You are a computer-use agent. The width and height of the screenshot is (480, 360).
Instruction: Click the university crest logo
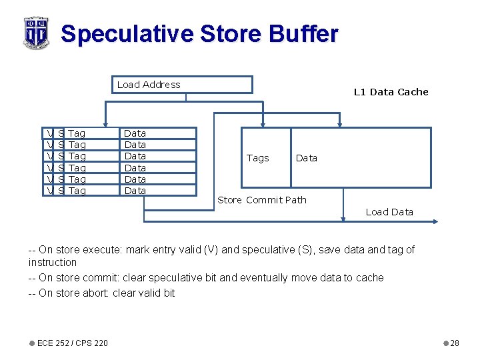36,32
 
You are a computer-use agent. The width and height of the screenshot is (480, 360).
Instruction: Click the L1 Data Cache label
391,92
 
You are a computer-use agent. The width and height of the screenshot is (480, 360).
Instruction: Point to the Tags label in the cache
257,158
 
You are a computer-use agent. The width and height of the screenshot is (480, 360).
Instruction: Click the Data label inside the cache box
307,158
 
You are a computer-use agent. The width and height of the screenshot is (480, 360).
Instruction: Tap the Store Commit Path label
262,200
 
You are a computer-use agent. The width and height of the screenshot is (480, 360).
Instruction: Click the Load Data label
389,212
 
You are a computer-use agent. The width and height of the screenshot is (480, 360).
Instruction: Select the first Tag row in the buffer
77,133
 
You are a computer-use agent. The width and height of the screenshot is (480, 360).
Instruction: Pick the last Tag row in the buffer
77,191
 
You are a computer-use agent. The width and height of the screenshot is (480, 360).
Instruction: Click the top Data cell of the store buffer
135,133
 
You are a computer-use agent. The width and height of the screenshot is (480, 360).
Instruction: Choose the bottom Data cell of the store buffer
135,191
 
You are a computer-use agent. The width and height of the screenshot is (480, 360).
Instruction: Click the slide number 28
455,343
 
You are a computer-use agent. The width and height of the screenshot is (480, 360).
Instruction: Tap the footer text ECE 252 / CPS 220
73,343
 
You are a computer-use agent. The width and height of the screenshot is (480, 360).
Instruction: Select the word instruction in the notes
53,263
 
